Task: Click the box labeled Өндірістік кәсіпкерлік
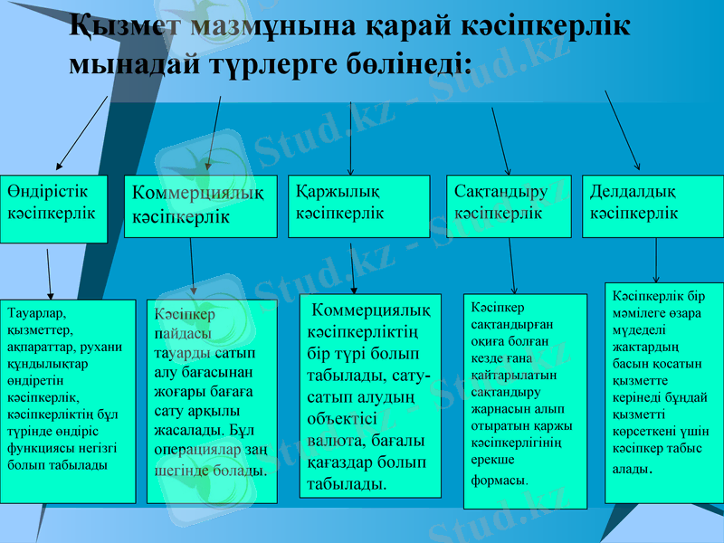coord(53,208)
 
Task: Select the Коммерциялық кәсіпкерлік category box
coord(200,206)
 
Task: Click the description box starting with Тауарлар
coord(68,401)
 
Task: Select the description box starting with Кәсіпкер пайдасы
coord(212,401)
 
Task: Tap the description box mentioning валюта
coord(370,395)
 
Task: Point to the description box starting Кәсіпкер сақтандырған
coord(525,401)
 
